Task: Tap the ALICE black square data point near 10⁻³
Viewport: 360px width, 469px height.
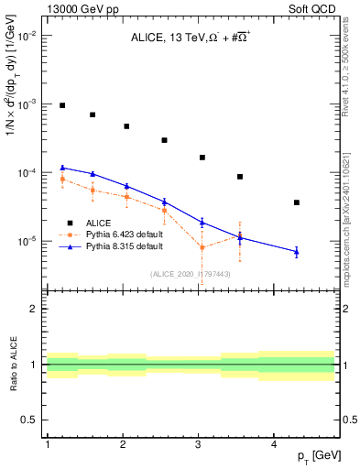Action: pos(62,105)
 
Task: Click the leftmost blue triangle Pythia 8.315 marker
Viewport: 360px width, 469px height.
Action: pos(62,168)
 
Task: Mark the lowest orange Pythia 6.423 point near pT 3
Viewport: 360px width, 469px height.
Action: pos(202,247)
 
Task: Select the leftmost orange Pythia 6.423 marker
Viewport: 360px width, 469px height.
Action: pos(62,179)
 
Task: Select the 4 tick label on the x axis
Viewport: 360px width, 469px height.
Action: pos(275,444)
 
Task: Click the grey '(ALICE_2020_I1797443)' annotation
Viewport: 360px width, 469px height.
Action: pos(190,274)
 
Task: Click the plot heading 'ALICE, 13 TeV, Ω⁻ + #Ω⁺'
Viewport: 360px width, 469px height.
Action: pos(191,39)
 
